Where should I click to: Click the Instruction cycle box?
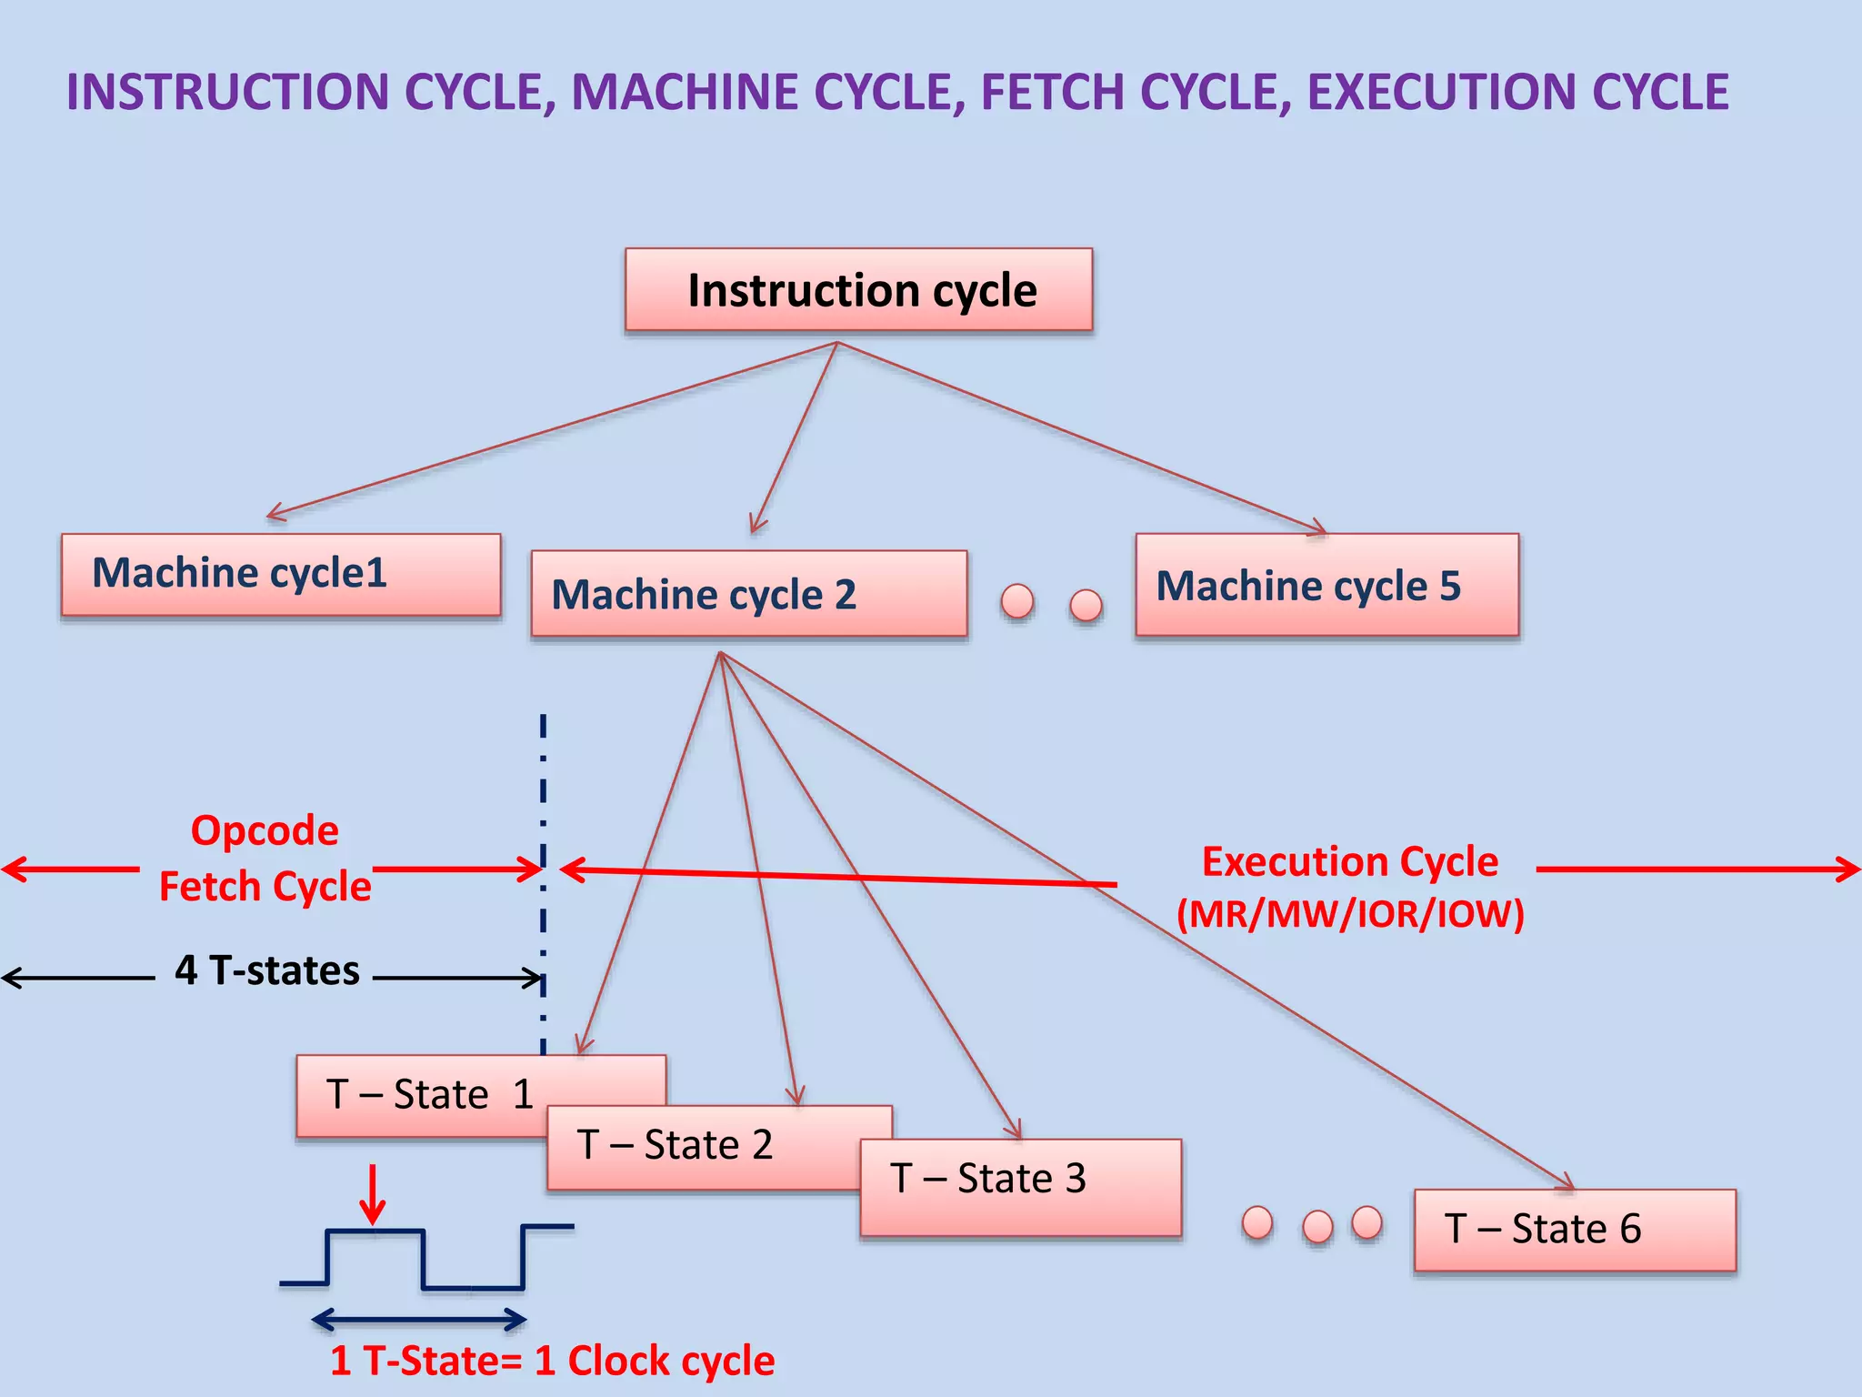858,289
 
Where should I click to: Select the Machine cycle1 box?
280,574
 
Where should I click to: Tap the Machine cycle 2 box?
748,593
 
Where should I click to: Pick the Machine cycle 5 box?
1326,585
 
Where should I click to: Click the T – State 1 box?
427,1094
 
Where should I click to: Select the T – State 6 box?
1574,1229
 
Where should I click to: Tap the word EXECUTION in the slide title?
1441,92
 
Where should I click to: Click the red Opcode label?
265,830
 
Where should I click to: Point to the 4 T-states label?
267,970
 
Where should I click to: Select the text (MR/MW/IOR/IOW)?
1350,914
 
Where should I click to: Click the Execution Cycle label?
1350,860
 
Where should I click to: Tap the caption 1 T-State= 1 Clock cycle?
552,1361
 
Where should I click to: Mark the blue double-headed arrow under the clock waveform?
419,1319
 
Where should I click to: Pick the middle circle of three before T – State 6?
1317,1226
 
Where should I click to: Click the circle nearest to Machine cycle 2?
1016,600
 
